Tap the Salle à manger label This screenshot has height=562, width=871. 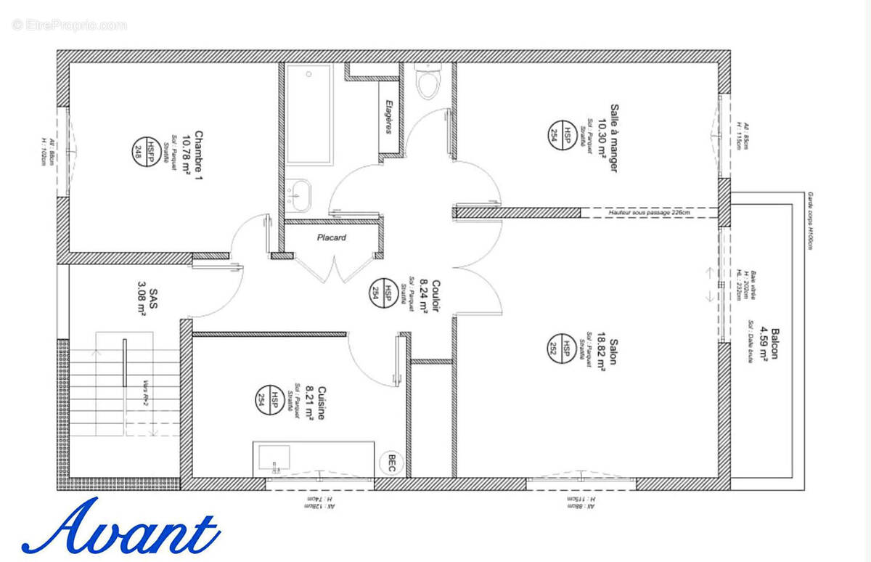click(614, 138)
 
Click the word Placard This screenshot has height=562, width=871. click(332, 237)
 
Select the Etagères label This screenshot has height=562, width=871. click(389, 116)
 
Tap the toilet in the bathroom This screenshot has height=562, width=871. click(428, 81)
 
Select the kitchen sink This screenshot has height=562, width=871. click(274, 457)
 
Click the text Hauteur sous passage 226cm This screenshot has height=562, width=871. click(650, 212)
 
